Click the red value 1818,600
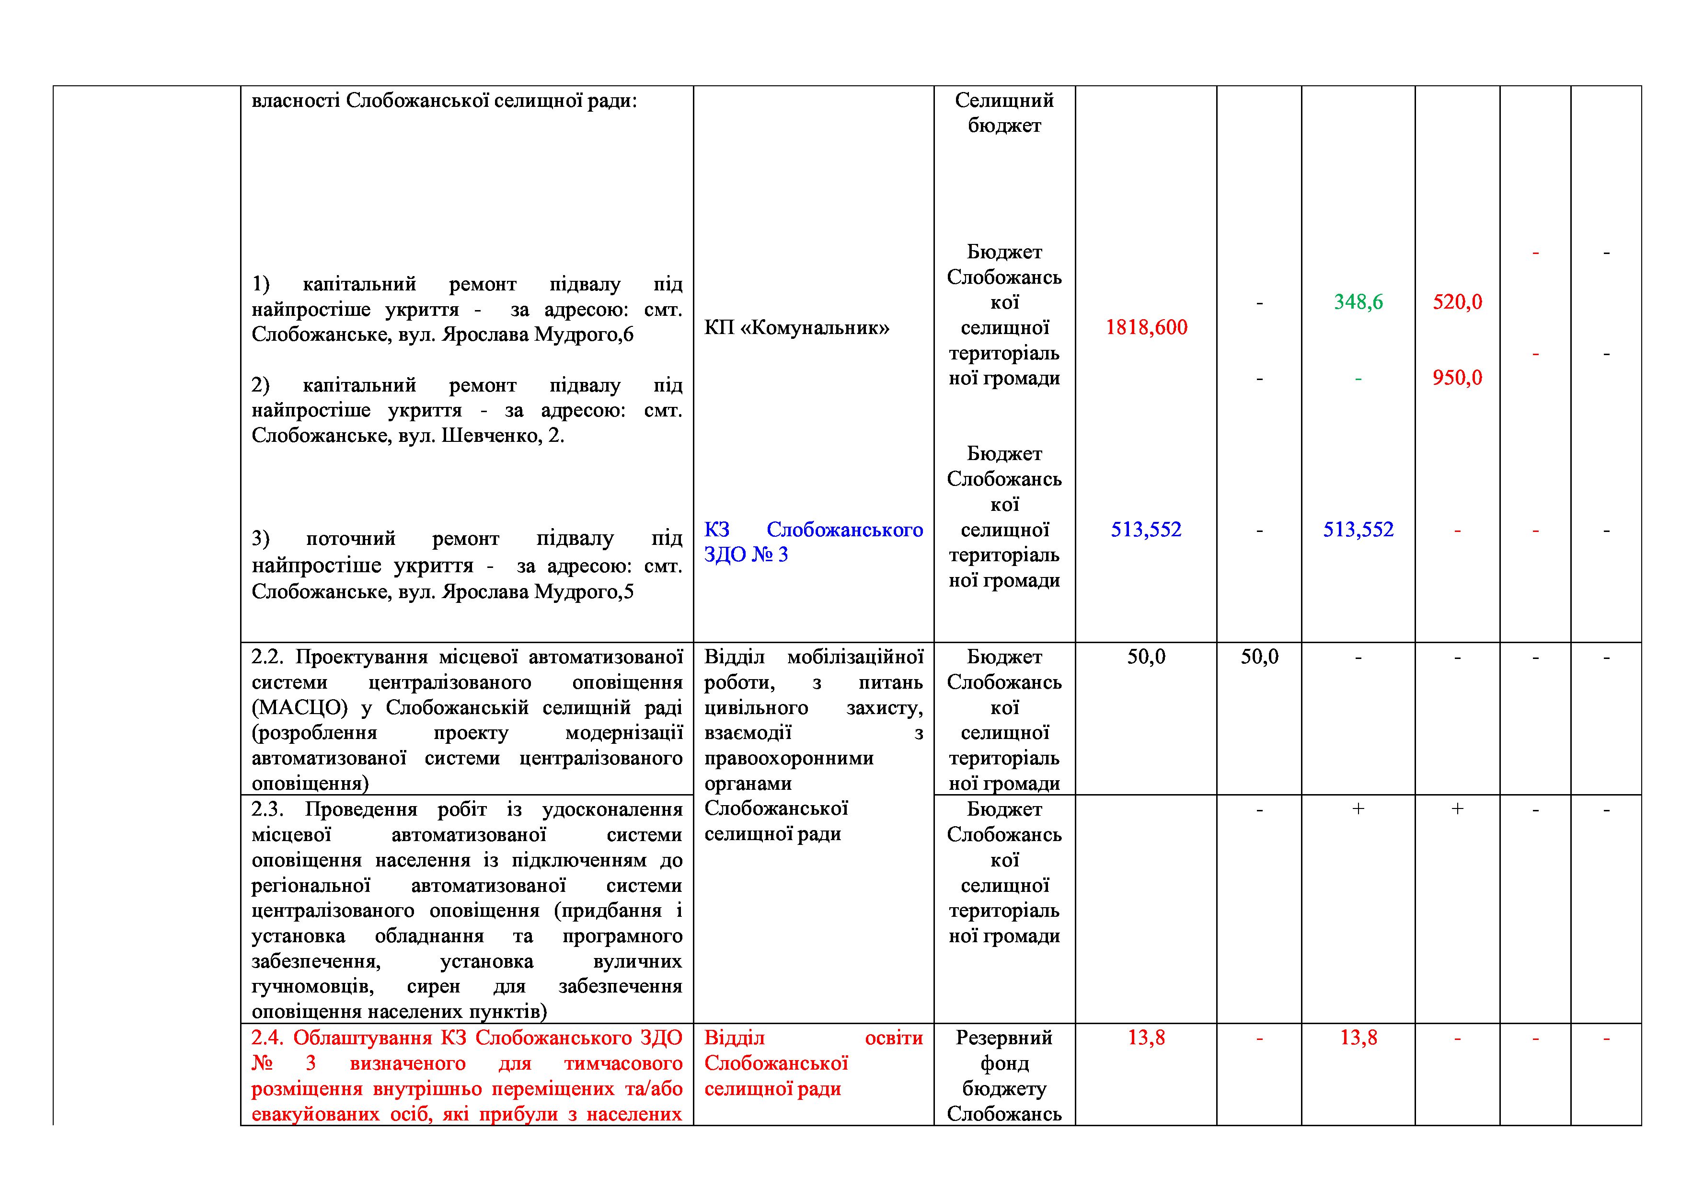pyautogui.click(x=1146, y=327)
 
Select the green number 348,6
pyautogui.click(x=1358, y=301)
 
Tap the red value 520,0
pyautogui.click(x=1457, y=301)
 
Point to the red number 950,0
pyautogui.click(x=1457, y=378)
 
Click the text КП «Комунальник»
pyautogui.click(x=796, y=327)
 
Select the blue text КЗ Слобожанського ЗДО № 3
pyautogui.click(x=813, y=542)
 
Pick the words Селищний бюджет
pyautogui.click(x=1004, y=113)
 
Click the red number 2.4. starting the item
pyautogui.click(x=268, y=1038)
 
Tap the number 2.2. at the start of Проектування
pyautogui.click(x=268, y=657)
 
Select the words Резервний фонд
pyautogui.click(x=1004, y=1050)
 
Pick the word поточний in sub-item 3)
pyautogui.click(x=350, y=539)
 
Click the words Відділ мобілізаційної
pyautogui.click(x=813, y=657)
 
